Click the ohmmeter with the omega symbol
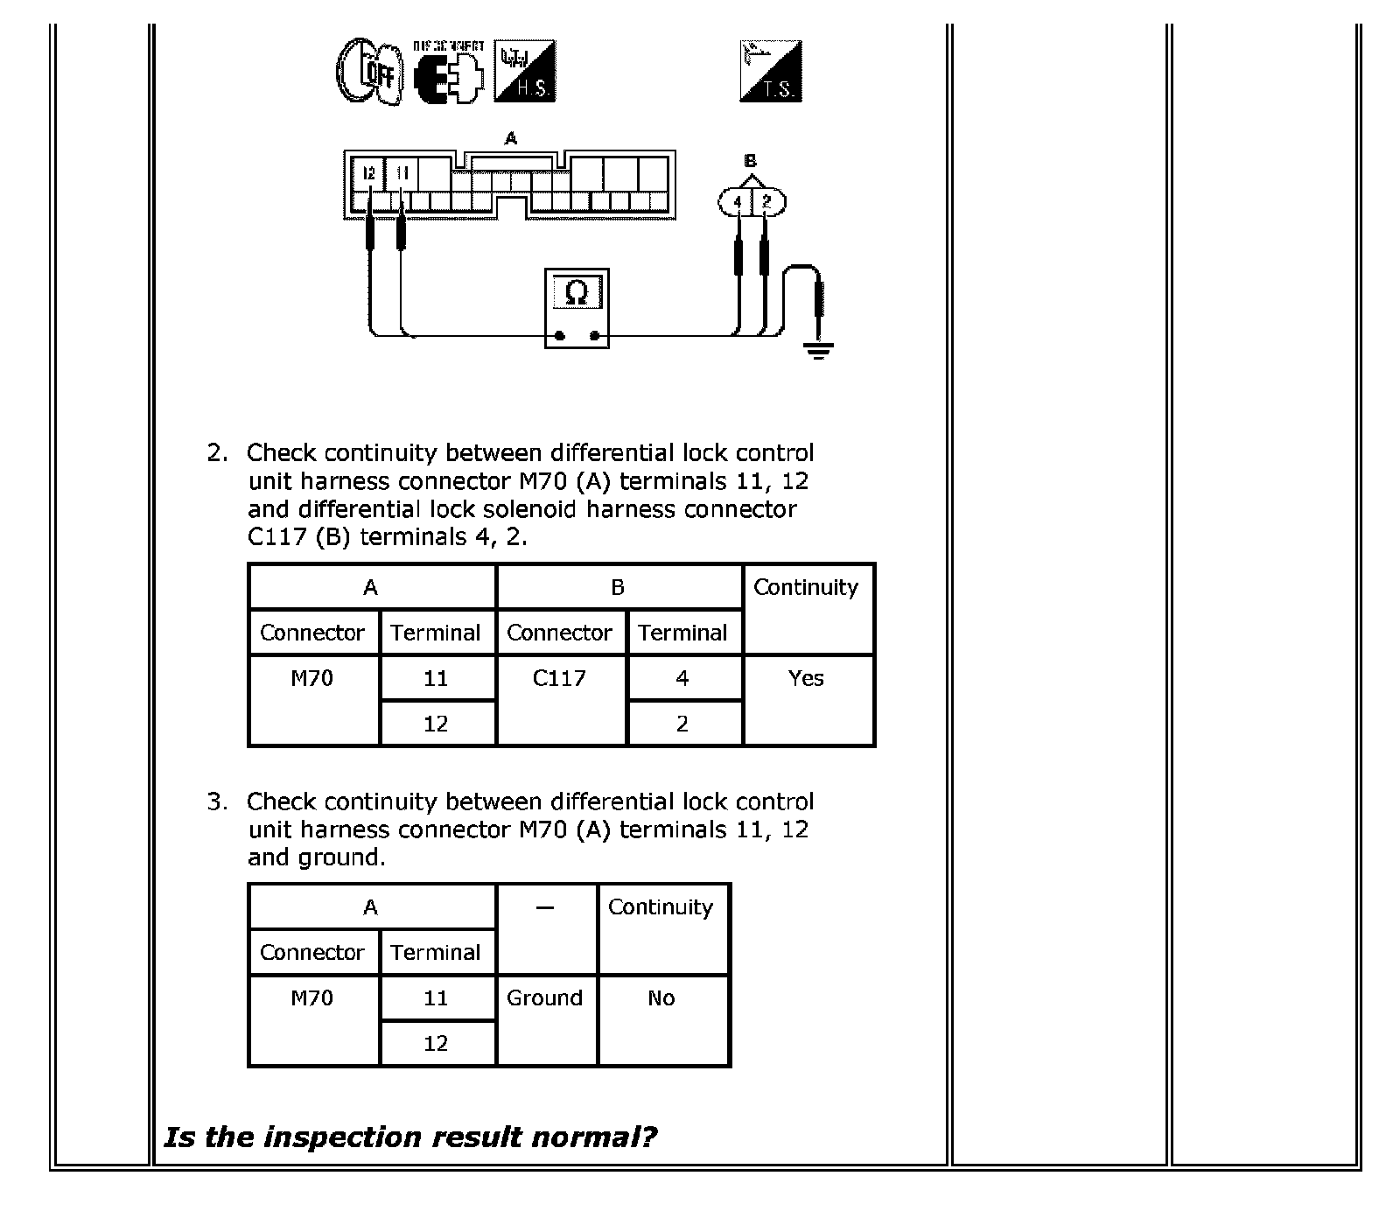pos(577,308)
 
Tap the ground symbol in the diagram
pos(818,352)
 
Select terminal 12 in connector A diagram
pos(369,173)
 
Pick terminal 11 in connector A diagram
pos(402,173)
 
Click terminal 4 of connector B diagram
pos(738,202)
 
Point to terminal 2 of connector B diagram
pos(767,202)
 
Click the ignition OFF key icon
pos(369,72)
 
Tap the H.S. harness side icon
pos(525,70)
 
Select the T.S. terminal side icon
pos(771,70)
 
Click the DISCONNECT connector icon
pos(448,72)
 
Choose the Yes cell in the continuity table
pos(807,679)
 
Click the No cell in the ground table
pos(662,998)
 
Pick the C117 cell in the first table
pos(560,679)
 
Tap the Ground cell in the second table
pos(545,998)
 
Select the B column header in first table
pos(618,588)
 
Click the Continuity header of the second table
pos(661,907)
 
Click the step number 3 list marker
pos(216,802)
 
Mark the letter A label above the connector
pos(511,138)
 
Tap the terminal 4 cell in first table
pos(683,679)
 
